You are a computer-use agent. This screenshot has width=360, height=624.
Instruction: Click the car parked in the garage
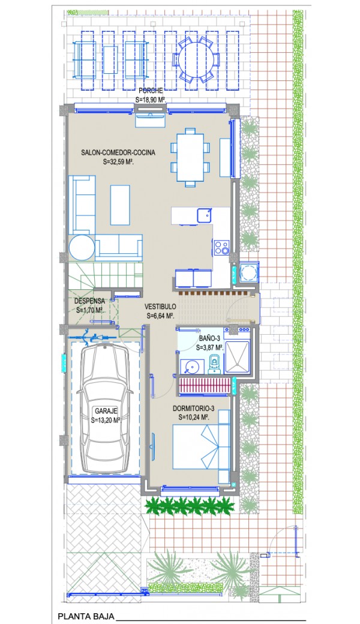coord(105,409)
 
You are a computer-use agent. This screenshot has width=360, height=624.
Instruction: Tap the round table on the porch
coord(196,59)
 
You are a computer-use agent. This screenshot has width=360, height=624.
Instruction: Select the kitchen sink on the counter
coord(205,215)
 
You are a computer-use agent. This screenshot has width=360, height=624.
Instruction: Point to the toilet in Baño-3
coord(214,365)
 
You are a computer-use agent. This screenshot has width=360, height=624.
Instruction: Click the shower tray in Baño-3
coord(236,358)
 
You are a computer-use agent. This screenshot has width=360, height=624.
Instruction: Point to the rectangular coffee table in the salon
coord(120,205)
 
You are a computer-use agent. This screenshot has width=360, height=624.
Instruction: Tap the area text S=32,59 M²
coord(118,162)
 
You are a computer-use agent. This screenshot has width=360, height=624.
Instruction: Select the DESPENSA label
coord(89,301)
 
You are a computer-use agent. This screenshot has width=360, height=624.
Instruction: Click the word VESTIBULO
coord(160,307)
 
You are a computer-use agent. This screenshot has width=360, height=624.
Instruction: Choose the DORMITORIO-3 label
coord(194,409)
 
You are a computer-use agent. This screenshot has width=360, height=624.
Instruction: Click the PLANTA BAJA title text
coord(86,616)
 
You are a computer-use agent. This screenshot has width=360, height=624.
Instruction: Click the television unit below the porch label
coord(150,119)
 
